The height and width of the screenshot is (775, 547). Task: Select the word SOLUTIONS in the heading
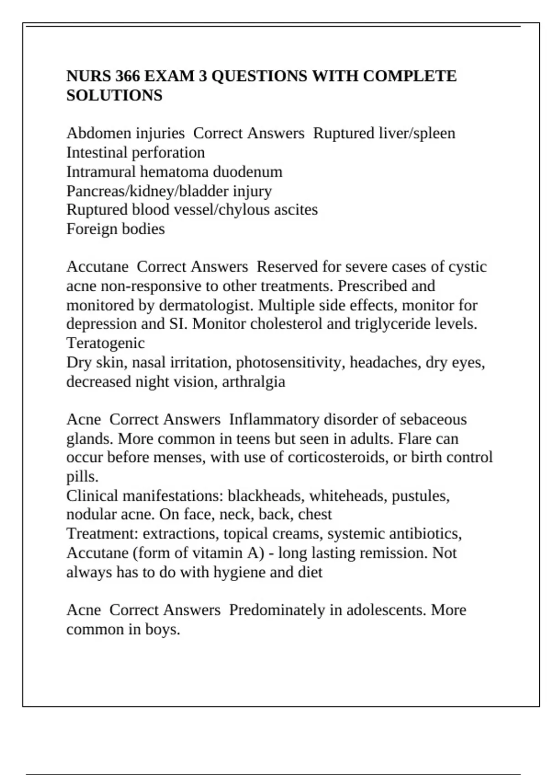114,95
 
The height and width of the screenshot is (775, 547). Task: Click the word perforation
168,152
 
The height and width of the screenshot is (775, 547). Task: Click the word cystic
467,267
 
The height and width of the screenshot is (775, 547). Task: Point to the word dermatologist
206,305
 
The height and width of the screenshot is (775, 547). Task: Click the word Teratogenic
105,343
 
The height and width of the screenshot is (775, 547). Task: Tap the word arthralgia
254,381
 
